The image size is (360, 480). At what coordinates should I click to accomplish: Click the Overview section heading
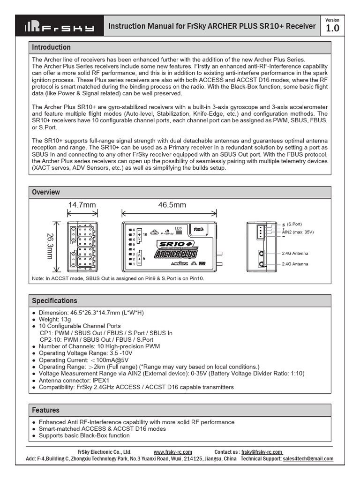[x=46, y=192]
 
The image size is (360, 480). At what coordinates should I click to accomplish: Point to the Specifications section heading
[x=54, y=300]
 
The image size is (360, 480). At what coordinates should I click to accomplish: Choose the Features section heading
[x=45, y=410]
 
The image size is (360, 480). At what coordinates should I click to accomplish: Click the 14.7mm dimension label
[x=82, y=205]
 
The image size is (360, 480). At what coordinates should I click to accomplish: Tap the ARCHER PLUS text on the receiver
[x=175, y=254]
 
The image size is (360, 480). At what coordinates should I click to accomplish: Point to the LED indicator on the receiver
[x=179, y=231]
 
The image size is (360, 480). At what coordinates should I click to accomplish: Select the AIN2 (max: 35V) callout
[x=298, y=232]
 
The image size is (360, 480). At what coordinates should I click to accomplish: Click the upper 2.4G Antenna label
[x=295, y=253]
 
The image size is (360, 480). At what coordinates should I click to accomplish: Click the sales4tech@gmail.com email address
[x=308, y=459]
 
